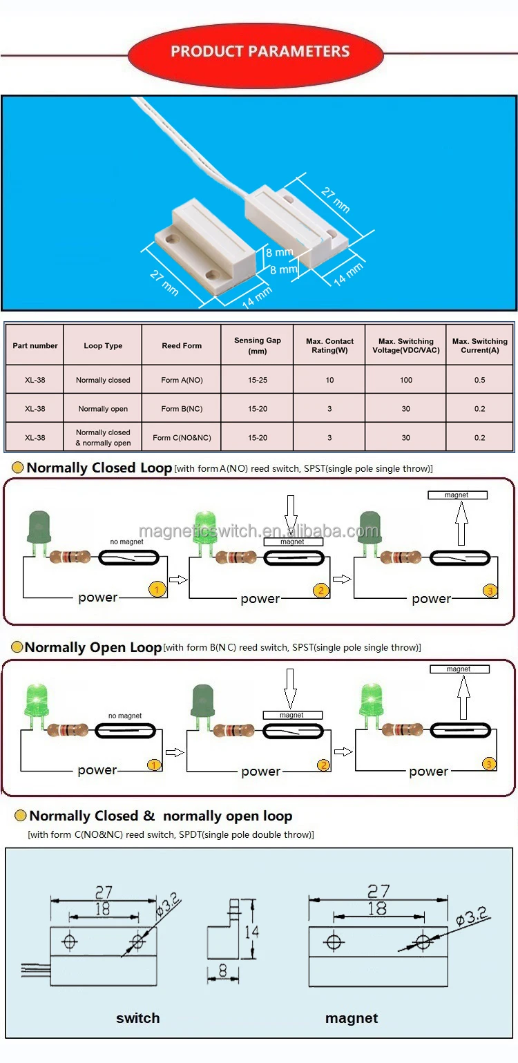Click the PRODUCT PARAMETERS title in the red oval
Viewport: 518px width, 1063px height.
tap(260, 52)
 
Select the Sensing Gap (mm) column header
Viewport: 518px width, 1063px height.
tap(258, 345)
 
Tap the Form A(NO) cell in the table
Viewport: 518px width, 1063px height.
tap(182, 380)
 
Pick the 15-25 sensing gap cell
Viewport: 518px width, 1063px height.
tap(258, 380)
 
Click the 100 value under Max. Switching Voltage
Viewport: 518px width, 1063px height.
tap(405, 380)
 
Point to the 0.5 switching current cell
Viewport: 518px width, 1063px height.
tap(479, 380)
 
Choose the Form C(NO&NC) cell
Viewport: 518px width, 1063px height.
tap(182, 438)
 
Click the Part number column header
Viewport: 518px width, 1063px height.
tap(35, 345)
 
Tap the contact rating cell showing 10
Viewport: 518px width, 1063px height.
tap(329, 380)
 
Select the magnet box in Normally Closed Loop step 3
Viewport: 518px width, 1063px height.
tap(457, 495)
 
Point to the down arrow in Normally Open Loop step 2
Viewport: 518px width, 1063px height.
tap(290, 688)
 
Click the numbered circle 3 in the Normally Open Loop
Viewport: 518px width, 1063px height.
tap(489, 763)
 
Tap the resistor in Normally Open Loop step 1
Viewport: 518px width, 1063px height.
tap(68, 729)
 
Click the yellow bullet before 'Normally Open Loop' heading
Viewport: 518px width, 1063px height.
tap(17, 647)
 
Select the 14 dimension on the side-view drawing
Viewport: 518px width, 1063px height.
tap(252, 932)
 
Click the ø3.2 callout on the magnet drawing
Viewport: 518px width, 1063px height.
tap(472, 917)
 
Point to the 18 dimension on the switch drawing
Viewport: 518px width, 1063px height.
tap(102, 909)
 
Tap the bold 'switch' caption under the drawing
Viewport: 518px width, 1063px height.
tap(137, 1018)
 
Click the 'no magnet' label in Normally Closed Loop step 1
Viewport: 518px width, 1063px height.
tap(126, 542)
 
